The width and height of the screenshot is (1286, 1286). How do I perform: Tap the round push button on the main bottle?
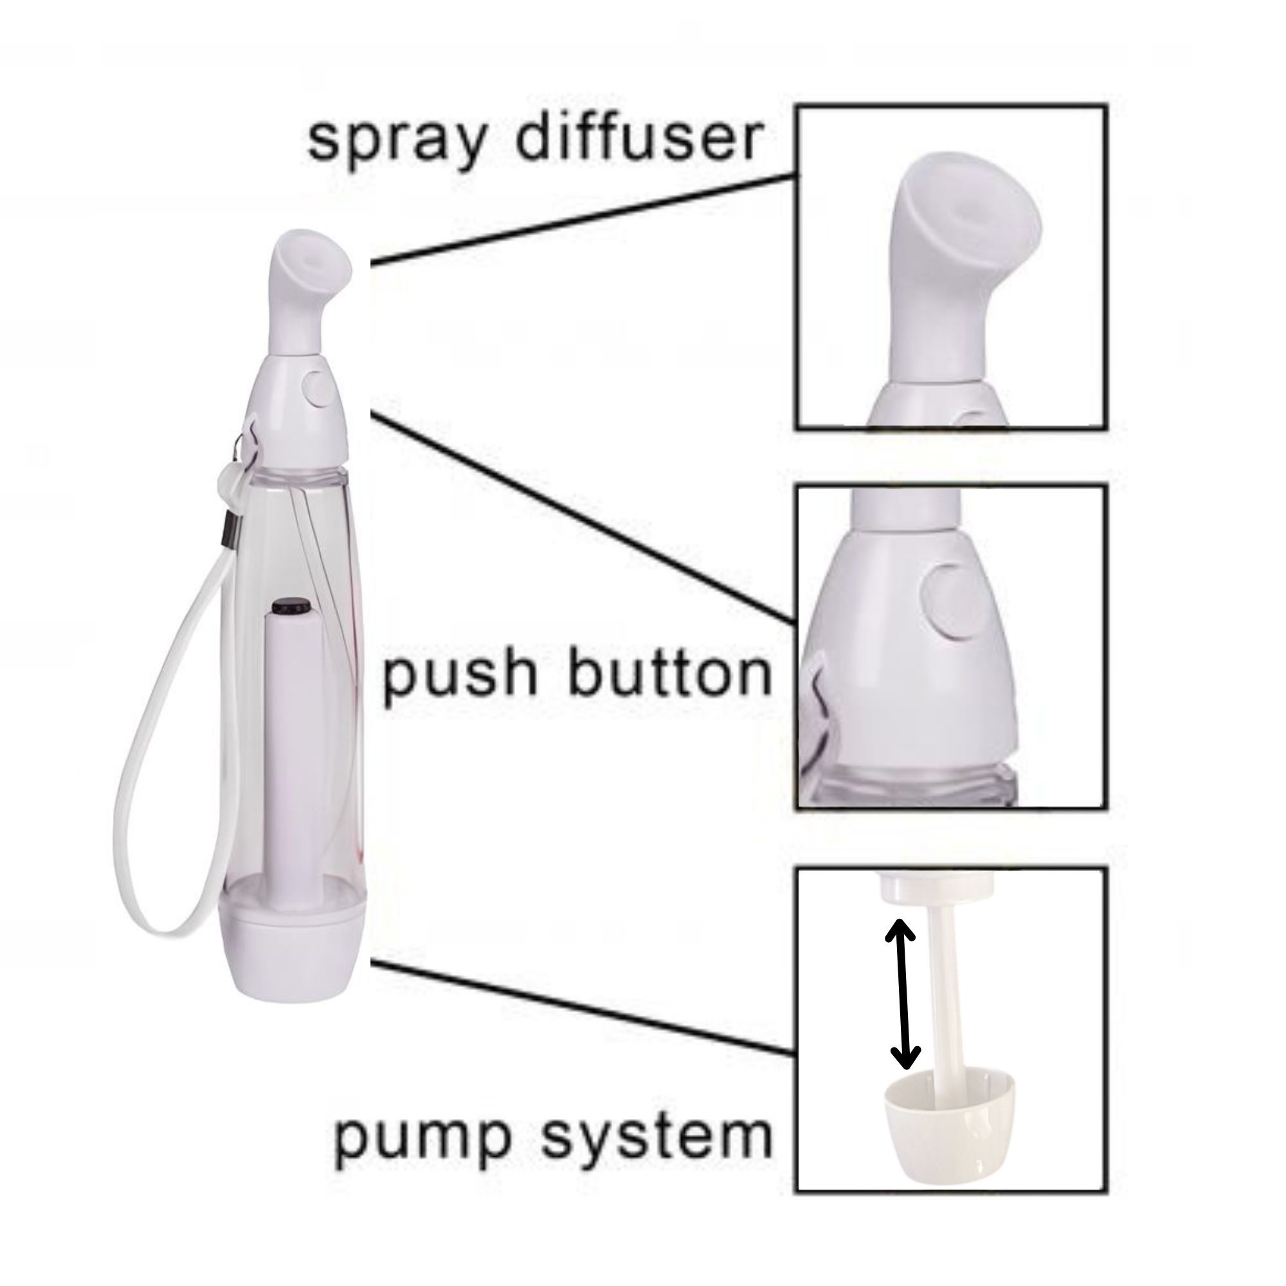(x=319, y=390)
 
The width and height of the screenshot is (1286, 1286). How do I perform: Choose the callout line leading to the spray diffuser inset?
(x=584, y=220)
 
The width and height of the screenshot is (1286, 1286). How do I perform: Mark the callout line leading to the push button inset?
(x=584, y=518)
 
